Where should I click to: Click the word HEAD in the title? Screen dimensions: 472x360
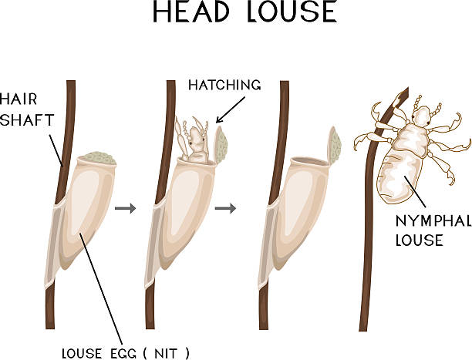pos(191,12)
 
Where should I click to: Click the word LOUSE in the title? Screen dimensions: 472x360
pos(292,12)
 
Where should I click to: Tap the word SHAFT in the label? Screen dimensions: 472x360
pos(27,119)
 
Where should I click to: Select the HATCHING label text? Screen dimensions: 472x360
pos(224,85)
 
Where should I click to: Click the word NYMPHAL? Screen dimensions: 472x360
pos(433,221)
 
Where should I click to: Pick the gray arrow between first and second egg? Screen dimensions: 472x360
pos(126,208)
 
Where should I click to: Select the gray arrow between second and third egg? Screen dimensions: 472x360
pos(225,208)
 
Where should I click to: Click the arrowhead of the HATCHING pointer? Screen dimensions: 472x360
pos(218,120)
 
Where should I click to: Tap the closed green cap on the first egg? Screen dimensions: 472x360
pos(99,158)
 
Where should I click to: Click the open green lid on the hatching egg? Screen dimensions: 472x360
pos(221,144)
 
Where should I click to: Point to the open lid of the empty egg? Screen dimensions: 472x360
pos(334,145)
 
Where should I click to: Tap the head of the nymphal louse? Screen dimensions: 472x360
pos(421,116)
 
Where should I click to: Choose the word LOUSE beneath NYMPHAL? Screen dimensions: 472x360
pos(419,240)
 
